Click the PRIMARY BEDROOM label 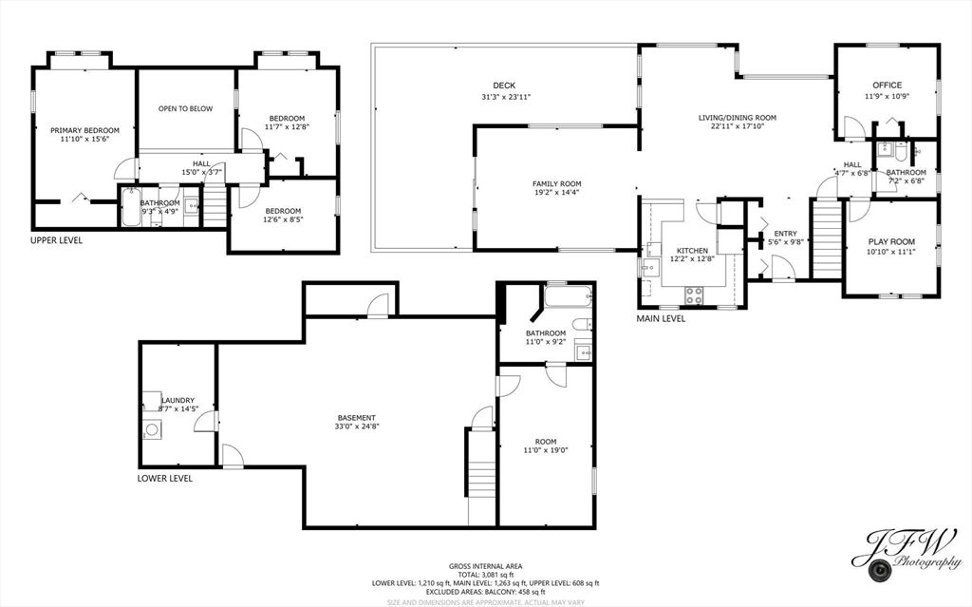tap(85, 130)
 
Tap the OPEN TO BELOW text tap(185, 108)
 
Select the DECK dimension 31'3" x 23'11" tap(505, 97)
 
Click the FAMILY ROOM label tap(556, 183)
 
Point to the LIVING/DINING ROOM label tap(738, 118)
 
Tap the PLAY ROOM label tap(891, 240)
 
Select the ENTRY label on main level tap(785, 233)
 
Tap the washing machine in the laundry tap(152, 429)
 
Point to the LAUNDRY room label tap(178, 400)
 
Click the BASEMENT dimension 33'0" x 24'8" tap(357, 428)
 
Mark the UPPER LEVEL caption tap(56, 240)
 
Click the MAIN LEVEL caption tap(661, 318)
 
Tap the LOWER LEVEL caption tap(165, 478)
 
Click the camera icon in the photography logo tap(880, 570)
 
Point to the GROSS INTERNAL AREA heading tap(486, 566)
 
